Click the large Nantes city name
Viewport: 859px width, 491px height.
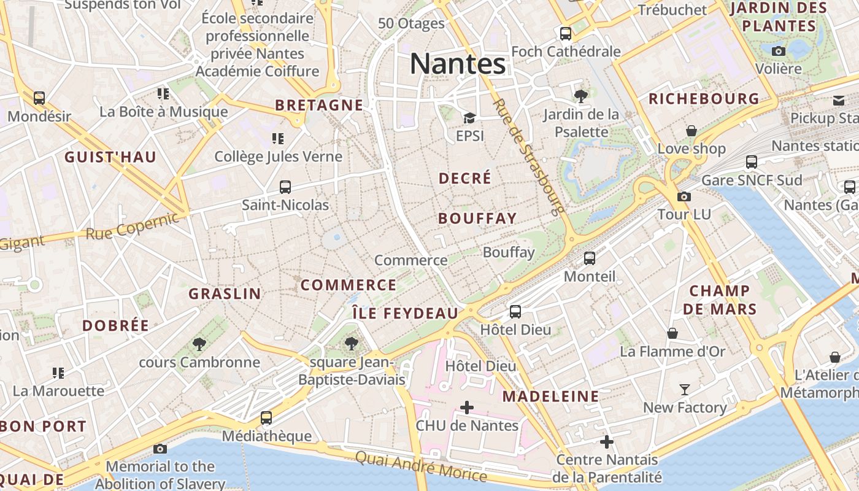458,64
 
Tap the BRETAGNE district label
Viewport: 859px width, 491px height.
319,105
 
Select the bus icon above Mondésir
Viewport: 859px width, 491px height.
39,98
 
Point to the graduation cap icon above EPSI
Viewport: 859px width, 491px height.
469,118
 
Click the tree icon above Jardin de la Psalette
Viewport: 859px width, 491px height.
580,96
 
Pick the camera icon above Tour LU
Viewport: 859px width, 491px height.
684,196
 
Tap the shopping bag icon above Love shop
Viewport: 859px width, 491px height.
691,131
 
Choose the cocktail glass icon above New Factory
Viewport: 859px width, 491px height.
685,389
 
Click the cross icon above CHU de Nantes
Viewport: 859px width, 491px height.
467,407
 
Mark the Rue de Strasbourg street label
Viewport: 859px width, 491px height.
528,157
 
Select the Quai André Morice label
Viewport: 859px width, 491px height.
421,466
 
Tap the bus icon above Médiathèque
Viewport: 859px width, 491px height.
266,418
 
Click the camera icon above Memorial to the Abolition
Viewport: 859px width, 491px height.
160,449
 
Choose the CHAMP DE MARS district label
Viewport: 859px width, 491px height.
720,300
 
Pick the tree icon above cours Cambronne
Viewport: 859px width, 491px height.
199,344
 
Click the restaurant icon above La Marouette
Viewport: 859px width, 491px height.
58,373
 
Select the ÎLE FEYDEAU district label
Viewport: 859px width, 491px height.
406,314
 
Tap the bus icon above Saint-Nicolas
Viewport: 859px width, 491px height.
285,187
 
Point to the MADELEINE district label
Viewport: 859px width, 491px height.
550,396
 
